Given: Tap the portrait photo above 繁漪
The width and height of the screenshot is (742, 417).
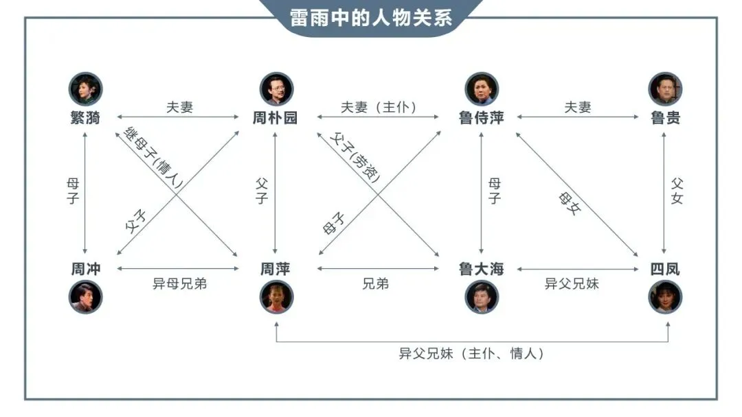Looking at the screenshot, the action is coord(85,88).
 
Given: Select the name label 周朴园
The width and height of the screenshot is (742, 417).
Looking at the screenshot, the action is coord(275,118).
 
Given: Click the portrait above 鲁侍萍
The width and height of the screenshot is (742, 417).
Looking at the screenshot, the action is coord(482,88).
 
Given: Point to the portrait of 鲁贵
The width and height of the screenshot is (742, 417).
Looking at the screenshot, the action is coord(665,88).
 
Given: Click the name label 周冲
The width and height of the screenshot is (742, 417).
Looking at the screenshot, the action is coord(85,269).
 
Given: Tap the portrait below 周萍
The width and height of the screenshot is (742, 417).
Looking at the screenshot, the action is coord(276,297).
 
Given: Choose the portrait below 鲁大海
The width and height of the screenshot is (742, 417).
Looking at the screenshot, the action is coord(482,297).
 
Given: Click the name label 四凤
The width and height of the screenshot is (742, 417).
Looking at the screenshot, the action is coord(665,269).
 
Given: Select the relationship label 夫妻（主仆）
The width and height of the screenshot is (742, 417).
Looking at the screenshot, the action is coord(379,108).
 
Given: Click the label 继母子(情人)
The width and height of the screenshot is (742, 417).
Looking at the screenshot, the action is coord(153,156).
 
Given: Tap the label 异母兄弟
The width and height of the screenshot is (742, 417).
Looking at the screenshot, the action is coord(179,284).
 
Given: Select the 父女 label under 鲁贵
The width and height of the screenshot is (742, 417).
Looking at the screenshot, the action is coord(677,190).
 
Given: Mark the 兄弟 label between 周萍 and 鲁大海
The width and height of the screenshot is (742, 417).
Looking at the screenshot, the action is coord(376,284).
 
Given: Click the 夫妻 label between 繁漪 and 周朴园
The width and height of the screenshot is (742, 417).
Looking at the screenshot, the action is coord(179,108).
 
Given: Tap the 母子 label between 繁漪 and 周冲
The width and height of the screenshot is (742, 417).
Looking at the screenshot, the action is coord(73,190).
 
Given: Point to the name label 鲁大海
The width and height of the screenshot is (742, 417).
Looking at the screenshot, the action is coord(481,269).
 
